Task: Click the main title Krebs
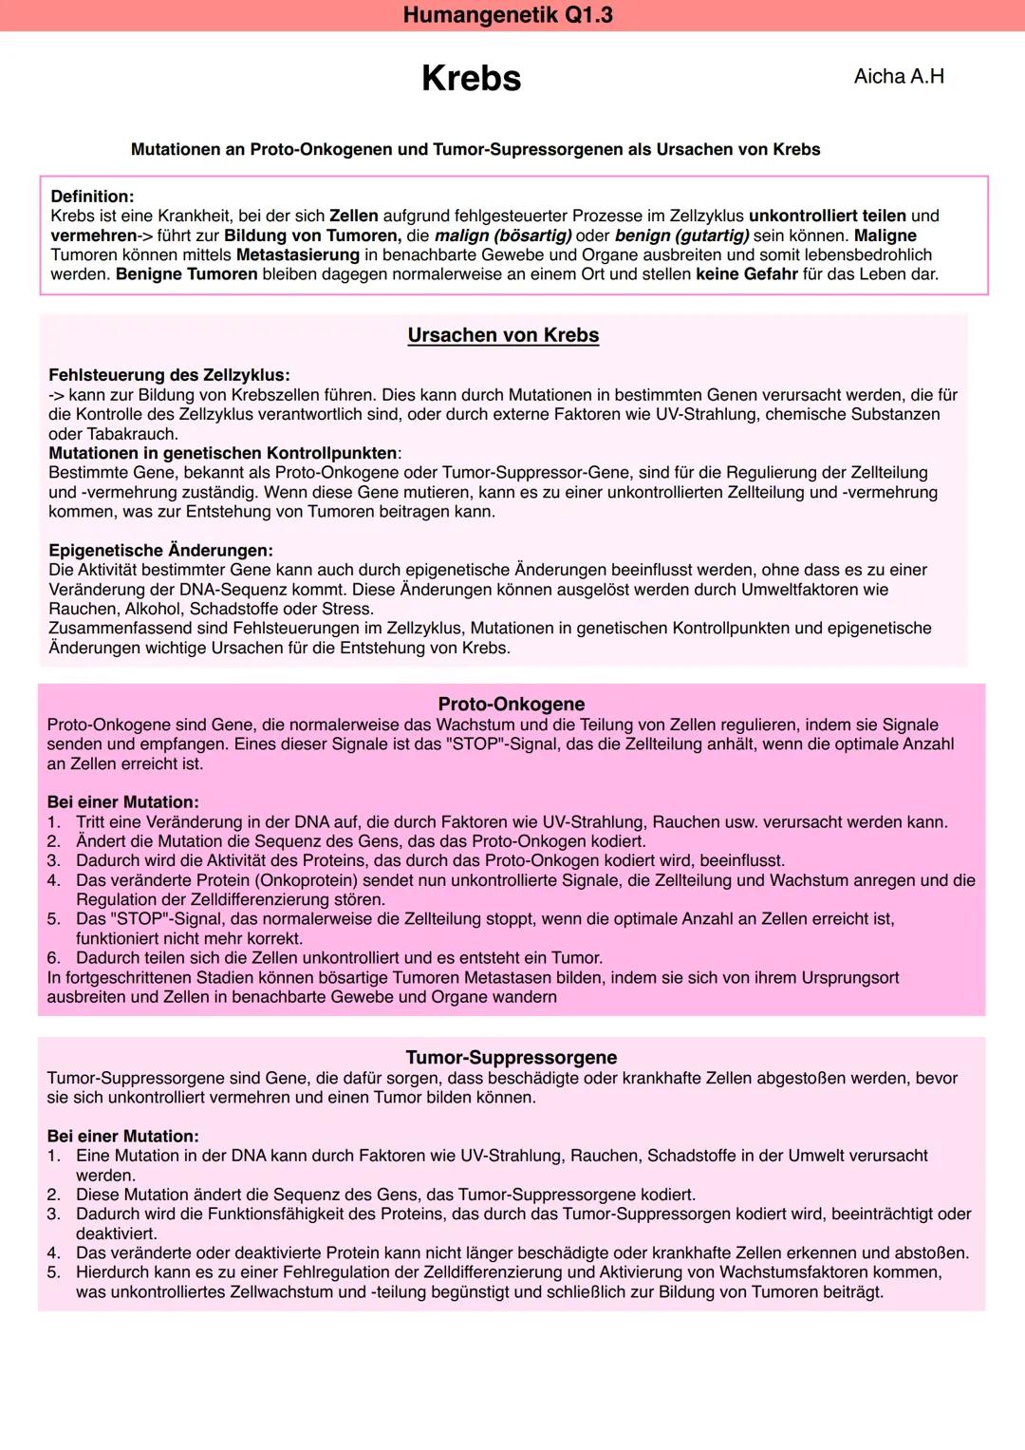coord(471,78)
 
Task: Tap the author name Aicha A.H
coord(898,76)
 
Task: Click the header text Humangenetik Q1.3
coord(508,15)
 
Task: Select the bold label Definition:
coord(92,197)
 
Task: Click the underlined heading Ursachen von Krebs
coord(503,335)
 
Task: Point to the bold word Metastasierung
coord(297,254)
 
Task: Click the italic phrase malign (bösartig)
coord(502,235)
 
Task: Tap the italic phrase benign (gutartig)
coord(681,235)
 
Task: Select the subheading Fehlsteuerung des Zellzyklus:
coord(169,375)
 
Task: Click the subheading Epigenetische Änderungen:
coord(160,551)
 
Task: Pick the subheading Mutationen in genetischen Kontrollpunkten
coord(222,453)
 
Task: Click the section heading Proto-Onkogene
coord(511,704)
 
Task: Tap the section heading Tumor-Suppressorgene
coord(511,1057)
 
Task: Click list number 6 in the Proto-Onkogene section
coord(53,958)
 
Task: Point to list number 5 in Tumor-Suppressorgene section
coord(53,1272)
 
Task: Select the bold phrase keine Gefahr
coord(746,274)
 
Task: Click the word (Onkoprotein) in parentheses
coord(307,880)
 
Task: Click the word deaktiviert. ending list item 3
coord(116,1233)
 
